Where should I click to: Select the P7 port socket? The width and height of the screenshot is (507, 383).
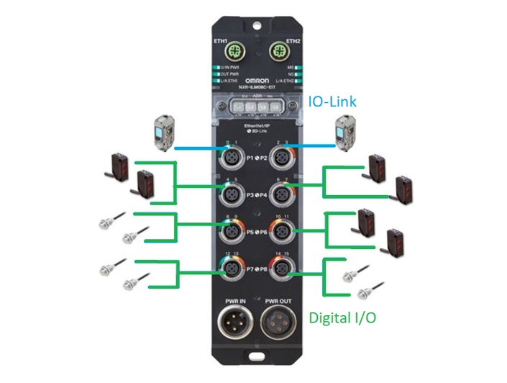click(231, 269)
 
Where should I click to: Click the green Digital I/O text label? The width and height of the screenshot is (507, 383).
click(343, 317)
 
